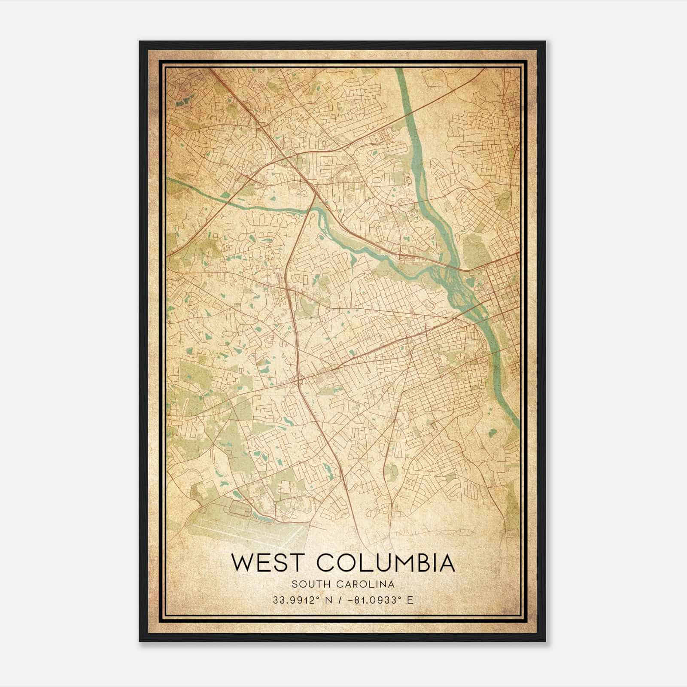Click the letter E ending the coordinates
[x=410, y=600]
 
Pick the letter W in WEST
[x=242, y=563]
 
